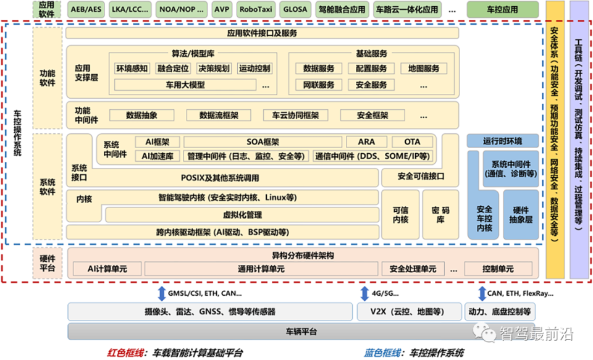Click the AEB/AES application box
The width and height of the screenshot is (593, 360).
point(86,9)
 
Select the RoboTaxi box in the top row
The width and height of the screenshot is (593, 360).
point(256,9)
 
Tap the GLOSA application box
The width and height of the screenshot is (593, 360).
point(300,9)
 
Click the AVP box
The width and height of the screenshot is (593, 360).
point(221,9)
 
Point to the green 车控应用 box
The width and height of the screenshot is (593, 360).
point(502,9)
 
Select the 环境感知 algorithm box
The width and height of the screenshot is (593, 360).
point(132,69)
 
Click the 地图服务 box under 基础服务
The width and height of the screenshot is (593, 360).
point(424,69)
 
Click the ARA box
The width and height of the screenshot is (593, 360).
point(366,142)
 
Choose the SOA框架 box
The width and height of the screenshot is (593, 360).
point(263,142)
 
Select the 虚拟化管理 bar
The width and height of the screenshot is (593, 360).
point(242,215)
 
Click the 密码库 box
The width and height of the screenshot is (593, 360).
point(440,214)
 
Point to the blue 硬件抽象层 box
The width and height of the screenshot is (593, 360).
point(521,214)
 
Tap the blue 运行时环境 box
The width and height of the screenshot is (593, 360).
point(502,141)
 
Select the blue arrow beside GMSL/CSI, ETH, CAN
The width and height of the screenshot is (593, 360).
point(162,293)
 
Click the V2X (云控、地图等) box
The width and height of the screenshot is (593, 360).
point(410,312)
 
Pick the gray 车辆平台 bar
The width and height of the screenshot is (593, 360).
point(301,332)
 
